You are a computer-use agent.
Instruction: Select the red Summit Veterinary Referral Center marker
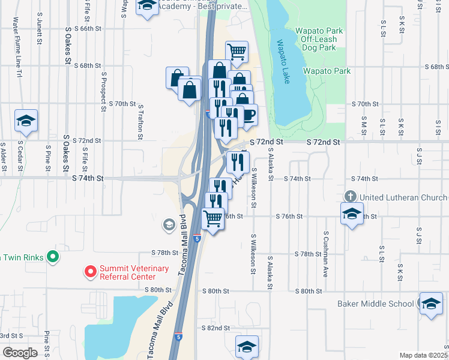click(x=91, y=272)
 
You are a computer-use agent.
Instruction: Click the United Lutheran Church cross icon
click(x=351, y=197)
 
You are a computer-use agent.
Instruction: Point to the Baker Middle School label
click(x=375, y=304)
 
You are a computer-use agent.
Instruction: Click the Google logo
click(x=20, y=352)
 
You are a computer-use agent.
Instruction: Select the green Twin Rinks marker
click(x=53, y=257)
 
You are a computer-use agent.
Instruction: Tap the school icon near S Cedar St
click(x=26, y=121)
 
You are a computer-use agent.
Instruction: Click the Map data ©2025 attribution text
click(x=423, y=355)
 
